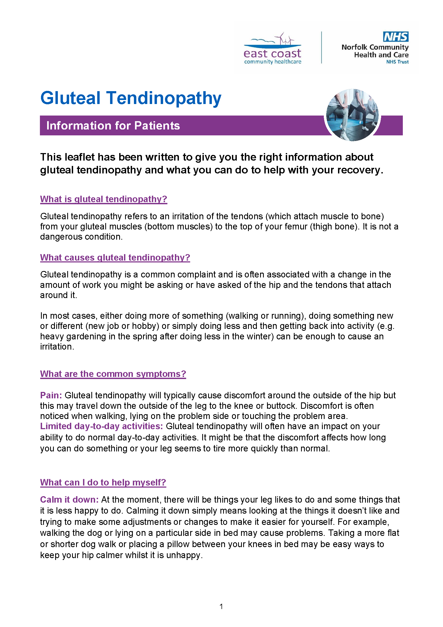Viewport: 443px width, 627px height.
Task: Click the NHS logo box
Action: coord(396,37)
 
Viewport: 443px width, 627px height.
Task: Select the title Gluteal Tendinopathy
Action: coord(131,98)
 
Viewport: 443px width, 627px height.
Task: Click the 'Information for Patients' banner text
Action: coord(113,126)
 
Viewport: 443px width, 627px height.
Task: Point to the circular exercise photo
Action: coord(352,115)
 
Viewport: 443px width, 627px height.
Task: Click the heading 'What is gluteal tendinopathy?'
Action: coord(103,199)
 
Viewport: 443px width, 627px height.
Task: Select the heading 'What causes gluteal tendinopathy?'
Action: coord(115,258)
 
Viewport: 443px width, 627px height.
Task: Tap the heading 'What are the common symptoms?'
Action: coord(113,374)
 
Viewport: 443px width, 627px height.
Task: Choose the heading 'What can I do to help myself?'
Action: coord(103,483)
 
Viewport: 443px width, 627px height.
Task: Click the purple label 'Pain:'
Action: coord(51,395)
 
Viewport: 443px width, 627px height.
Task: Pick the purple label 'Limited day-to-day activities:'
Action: coord(102,426)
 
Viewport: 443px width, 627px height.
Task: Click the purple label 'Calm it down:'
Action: coord(69,500)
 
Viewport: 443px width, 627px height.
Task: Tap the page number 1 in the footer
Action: coord(221,607)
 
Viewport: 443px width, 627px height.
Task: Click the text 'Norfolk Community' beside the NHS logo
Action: coord(375,47)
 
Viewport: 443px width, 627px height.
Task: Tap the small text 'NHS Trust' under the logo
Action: coord(397,62)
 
